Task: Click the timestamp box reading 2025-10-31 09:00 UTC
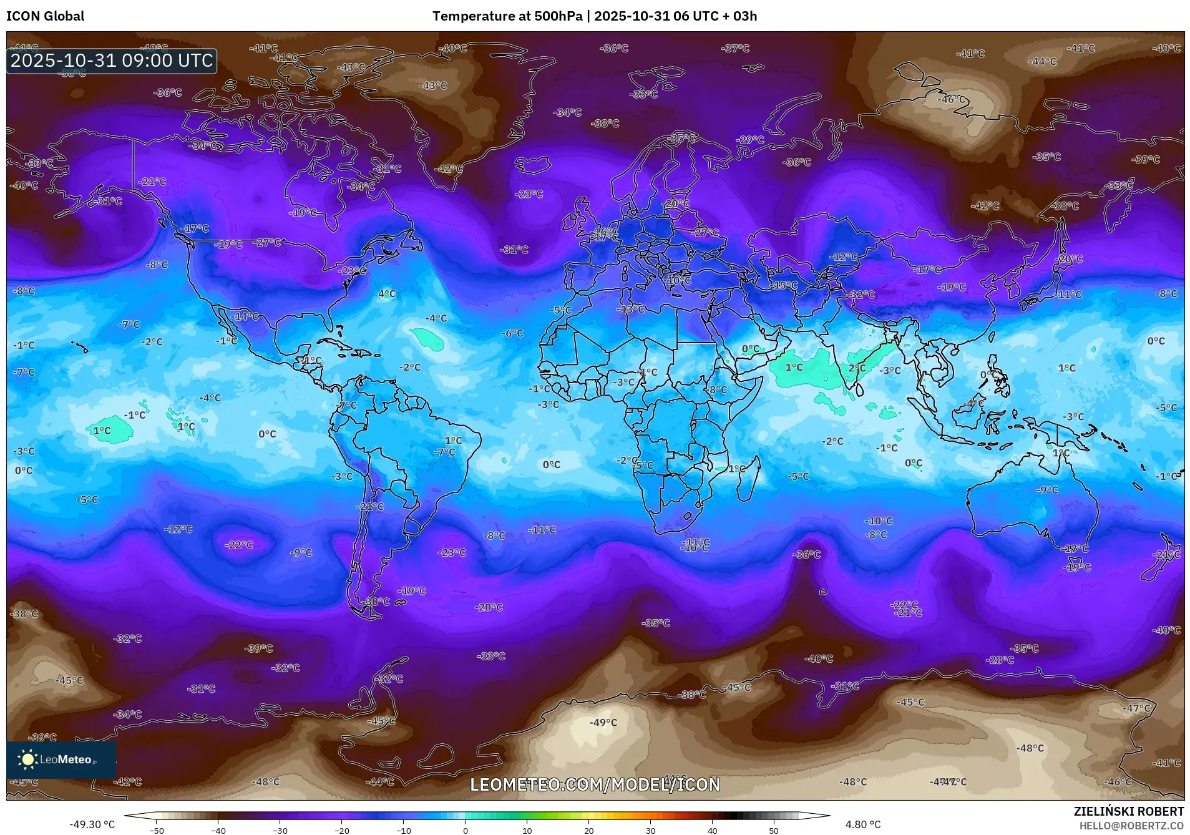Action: tap(112, 61)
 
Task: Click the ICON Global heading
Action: tap(45, 16)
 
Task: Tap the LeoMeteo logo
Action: tap(61, 759)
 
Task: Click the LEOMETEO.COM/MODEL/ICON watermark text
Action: tap(595, 784)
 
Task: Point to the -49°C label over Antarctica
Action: tap(603, 723)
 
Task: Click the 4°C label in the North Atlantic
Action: tap(386, 294)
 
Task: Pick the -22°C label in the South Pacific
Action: tap(239, 545)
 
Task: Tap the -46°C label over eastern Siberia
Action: tap(951, 99)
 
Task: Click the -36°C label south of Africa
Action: tap(807, 554)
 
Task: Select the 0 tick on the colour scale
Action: tap(465, 830)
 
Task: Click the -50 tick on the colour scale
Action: tap(157, 830)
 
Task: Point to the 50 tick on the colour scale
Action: tap(773, 830)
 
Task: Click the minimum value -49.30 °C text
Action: tap(92, 824)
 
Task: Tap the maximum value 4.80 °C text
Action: tap(862, 824)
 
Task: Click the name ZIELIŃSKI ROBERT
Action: tap(1128, 811)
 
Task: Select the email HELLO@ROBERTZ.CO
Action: tap(1131, 826)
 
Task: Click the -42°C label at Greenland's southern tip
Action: tap(449, 169)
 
